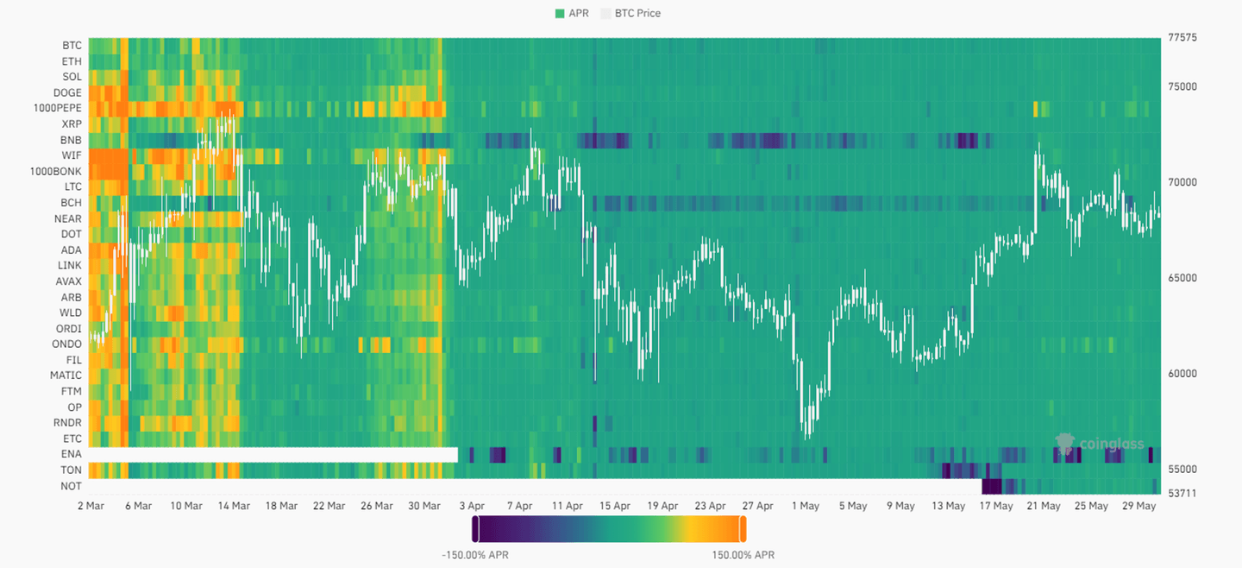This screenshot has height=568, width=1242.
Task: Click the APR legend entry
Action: pyautogui.click(x=572, y=13)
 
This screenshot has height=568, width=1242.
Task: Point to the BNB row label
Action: pyautogui.click(x=71, y=140)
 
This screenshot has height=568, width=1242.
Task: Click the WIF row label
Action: pyautogui.click(x=72, y=155)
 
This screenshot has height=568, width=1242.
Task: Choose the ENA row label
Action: pyautogui.click(x=71, y=454)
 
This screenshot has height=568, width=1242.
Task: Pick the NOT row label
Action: pyautogui.click(x=71, y=486)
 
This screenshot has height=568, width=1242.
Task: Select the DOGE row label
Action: pyautogui.click(x=67, y=92)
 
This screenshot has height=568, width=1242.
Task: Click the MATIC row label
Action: pyautogui.click(x=66, y=376)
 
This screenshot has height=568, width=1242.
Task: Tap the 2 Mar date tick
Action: pyautogui.click(x=91, y=506)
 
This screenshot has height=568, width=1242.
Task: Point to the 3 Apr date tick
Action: pyautogui.click(x=471, y=506)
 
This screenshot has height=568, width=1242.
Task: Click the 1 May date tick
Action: pyautogui.click(x=805, y=506)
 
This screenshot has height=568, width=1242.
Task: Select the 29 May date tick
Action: pyautogui.click(x=1139, y=506)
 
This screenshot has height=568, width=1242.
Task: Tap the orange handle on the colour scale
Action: pyautogui.click(x=743, y=528)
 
